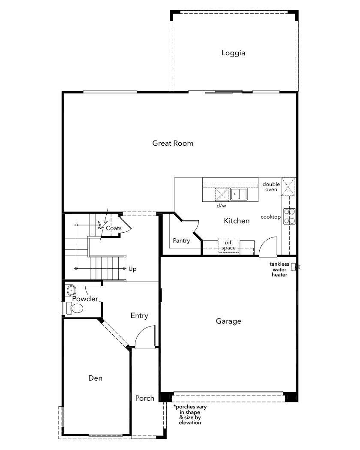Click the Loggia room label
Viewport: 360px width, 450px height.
click(x=233, y=53)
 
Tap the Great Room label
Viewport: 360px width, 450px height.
click(x=173, y=143)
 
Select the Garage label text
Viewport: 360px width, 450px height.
click(x=228, y=321)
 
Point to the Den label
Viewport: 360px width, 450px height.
click(x=95, y=378)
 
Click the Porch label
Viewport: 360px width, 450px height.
click(x=145, y=398)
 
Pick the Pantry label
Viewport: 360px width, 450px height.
click(x=181, y=240)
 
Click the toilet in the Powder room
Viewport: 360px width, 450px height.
click(x=75, y=309)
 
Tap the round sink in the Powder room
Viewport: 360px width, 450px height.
click(x=71, y=290)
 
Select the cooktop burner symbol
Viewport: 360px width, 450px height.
click(x=289, y=216)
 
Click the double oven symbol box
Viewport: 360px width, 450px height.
click(x=288, y=186)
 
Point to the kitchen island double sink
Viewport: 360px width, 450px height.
click(x=239, y=194)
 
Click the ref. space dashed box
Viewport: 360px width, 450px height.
click(x=229, y=245)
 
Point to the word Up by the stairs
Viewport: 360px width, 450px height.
click(x=132, y=269)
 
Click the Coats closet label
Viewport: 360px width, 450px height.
click(x=114, y=228)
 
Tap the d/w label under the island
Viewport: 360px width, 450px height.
click(x=221, y=205)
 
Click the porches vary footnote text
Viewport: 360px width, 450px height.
click(x=190, y=414)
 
